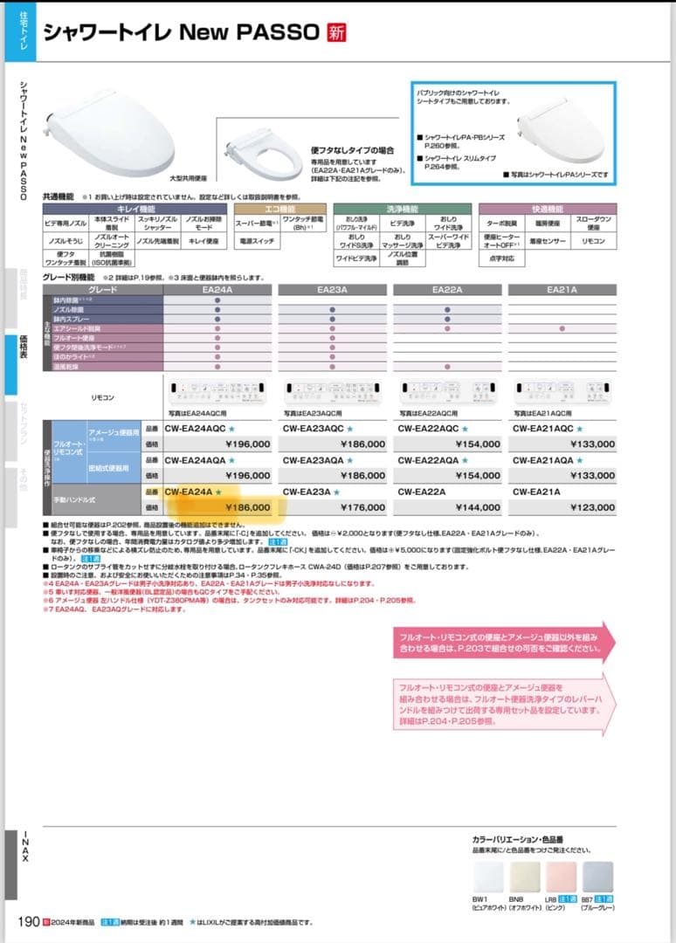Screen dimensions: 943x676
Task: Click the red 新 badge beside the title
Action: (336, 33)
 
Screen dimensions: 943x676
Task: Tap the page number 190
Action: (26, 922)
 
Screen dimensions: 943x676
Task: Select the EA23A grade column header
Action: (333, 289)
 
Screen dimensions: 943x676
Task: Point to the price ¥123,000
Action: (591, 506)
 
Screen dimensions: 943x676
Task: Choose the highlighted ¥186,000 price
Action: (248, 506)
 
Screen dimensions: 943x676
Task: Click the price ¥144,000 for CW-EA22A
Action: (477, 506)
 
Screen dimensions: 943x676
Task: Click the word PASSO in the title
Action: (276, 33)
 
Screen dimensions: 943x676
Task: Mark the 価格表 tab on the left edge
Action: (24, 353)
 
